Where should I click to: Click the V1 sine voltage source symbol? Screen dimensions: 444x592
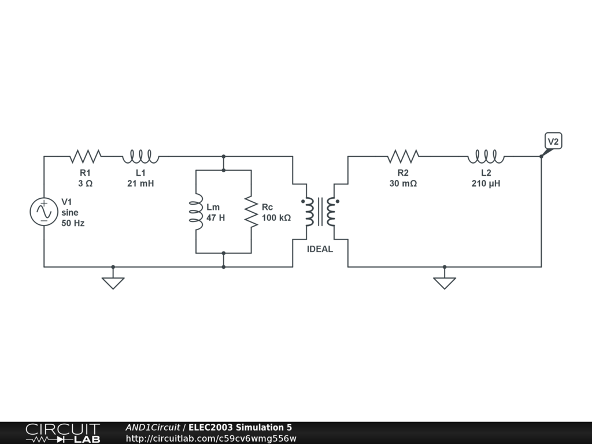click(44, 212)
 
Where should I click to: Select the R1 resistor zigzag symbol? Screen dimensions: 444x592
click(86, 156)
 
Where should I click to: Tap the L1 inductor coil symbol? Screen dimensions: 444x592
click(140, 156)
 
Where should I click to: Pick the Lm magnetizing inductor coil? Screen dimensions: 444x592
click(196, 212)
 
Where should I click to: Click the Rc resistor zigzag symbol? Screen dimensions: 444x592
click(251, 212)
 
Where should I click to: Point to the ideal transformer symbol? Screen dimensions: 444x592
click(320, 212)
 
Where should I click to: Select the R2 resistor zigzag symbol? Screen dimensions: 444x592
click(403, 156)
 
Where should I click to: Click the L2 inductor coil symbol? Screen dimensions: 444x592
click(486, 156)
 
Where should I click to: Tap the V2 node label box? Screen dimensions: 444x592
click(553, 141)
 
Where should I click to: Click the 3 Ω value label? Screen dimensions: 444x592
click(85, 183)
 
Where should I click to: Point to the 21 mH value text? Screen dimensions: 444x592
click(140, 183)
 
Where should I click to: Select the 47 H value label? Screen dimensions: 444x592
click(216, 218)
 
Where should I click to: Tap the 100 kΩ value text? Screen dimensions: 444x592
click(276, 218)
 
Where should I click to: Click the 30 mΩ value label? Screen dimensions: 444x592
click(403, 183)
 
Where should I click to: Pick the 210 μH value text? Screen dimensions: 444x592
click(486, 183)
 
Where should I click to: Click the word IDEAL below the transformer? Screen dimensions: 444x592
click(320, 249)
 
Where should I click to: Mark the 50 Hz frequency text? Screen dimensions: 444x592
click(73, 223)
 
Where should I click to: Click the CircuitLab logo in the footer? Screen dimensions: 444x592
click(62, 433)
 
